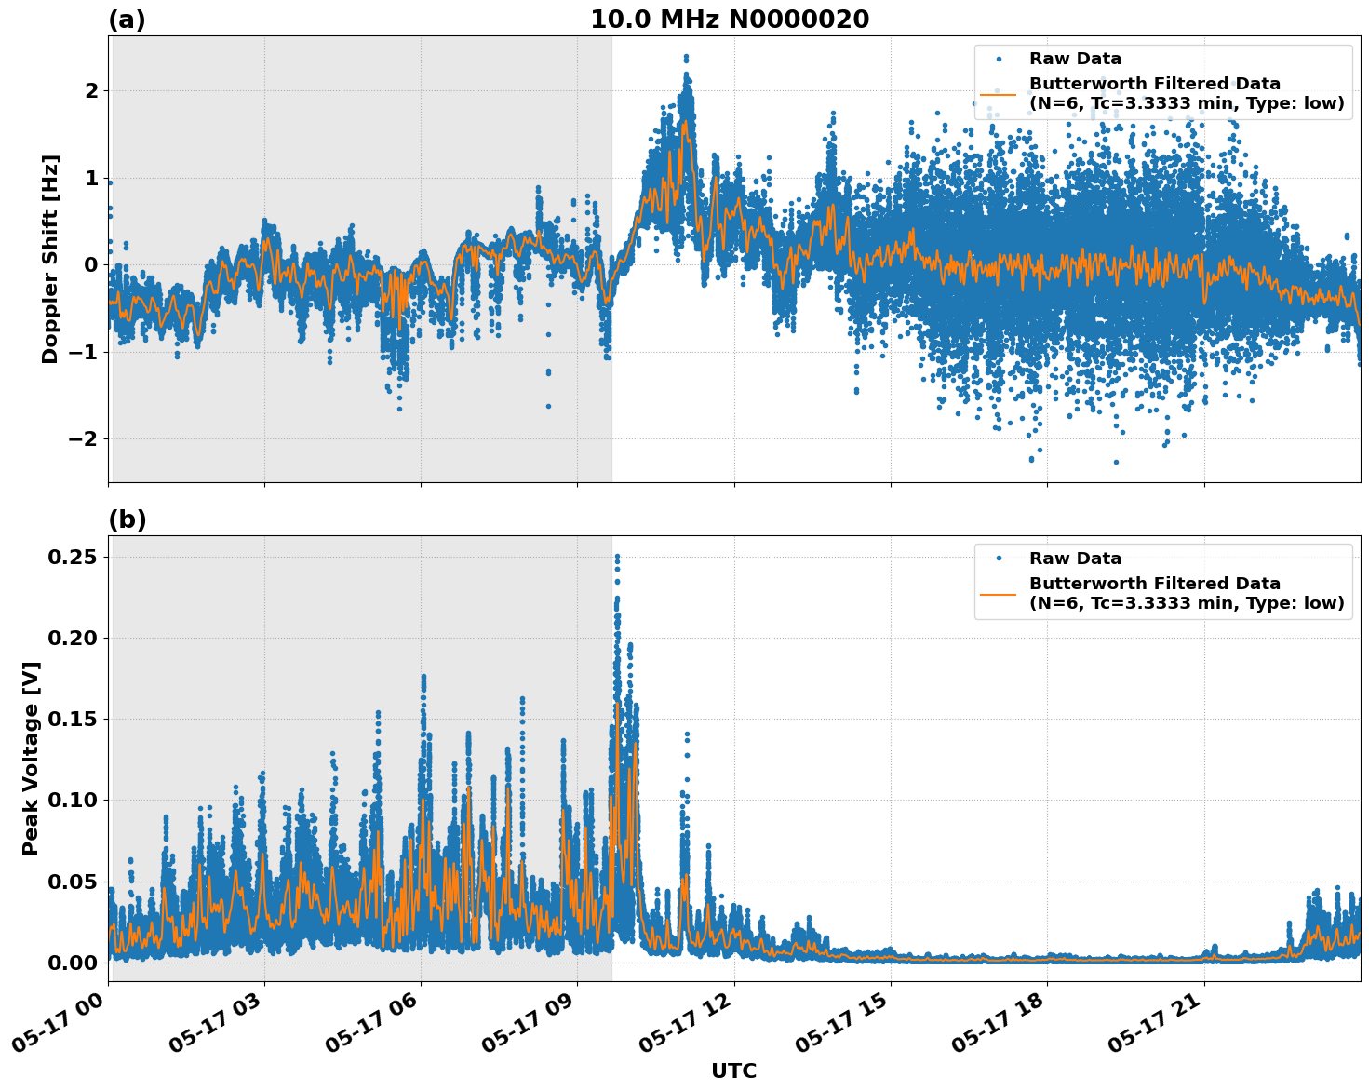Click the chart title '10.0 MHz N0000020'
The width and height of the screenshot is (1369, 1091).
tap(730, 20)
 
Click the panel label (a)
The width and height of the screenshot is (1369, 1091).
tap(127, 20)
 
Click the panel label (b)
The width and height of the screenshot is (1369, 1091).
tap(127, 519)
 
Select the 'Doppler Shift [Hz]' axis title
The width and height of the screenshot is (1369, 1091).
tap(50, 259)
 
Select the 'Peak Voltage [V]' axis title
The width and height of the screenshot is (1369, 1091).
tap(32, 759)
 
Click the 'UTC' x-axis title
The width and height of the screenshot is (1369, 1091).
tap(733, 1071)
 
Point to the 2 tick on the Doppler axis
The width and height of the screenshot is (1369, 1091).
tap(91, 90)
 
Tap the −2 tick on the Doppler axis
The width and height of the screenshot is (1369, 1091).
tap(84, 438)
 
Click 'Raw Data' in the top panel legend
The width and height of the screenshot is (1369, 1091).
tap(1075, 59)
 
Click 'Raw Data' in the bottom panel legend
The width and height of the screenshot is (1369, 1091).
tap(1075, 559)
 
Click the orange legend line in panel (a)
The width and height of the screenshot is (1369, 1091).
tap(998, 94)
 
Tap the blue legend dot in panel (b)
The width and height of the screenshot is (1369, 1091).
tap(998, 559)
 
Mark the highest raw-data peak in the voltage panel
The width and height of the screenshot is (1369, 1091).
tap(617, 556)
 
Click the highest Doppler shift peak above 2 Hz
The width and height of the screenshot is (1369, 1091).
tap(686, 57)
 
